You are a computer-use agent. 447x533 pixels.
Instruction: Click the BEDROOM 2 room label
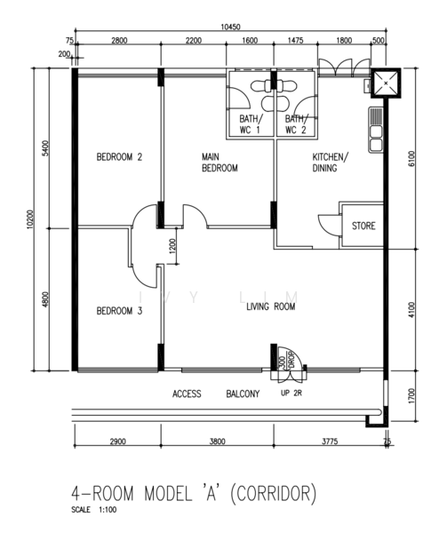(x=119, y=157)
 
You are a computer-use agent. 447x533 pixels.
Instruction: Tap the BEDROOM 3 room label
(x=119, y=311)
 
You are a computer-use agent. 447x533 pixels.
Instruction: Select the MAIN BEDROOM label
(x=220, y=163)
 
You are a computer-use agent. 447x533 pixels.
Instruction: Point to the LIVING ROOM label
(x=270, y=306)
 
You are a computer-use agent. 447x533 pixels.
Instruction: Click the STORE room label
(x=363, y=226)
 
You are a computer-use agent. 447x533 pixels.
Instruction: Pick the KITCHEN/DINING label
(x=331, y=163)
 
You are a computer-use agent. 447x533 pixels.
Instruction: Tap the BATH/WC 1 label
(x=251, y=124)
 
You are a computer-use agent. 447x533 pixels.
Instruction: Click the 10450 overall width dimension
(x=230, y=28)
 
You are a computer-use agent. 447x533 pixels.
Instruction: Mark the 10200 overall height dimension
(x=30, y=219)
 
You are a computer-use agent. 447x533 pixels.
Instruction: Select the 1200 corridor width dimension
(x=172, y=246)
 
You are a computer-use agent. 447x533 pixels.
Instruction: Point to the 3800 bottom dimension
(x=217, y=442)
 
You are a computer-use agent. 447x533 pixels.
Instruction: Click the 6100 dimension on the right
(x=411, y=158)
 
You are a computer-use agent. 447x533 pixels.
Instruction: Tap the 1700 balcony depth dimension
(x=411, y=395)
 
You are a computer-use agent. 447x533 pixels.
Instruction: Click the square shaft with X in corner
(x=386, y=84)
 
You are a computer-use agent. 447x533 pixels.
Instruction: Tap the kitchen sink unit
(x=376, y=130)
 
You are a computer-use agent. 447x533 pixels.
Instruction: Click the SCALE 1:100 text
(x=94, y=510)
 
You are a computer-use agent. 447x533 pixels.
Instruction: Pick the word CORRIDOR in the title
(x=273, y=493)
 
